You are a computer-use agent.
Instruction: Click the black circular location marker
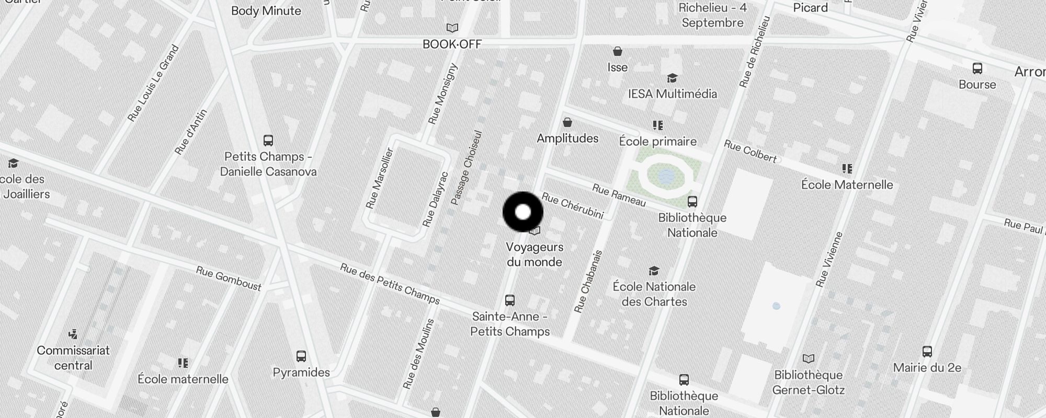523,212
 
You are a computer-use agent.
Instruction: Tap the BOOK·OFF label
452,44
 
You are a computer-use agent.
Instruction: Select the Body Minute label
266,11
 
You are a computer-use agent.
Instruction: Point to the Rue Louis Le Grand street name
153,84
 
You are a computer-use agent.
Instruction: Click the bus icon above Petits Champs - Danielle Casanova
268,141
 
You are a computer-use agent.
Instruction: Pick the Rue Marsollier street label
380,178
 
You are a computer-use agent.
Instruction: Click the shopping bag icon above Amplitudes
567,123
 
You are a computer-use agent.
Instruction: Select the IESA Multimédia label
672,94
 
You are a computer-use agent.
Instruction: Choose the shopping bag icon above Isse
618,51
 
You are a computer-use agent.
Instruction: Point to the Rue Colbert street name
750,151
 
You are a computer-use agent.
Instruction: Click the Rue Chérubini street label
572,206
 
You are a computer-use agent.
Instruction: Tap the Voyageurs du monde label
535,254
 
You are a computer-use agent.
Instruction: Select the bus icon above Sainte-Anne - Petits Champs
510,300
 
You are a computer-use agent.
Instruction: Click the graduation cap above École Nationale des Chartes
654,271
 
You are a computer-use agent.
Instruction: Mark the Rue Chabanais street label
588,282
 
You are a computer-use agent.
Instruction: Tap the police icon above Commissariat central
73,334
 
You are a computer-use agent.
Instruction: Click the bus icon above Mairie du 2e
927,352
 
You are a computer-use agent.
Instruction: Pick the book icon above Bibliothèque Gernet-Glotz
809,359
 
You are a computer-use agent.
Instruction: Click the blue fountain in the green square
666,176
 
